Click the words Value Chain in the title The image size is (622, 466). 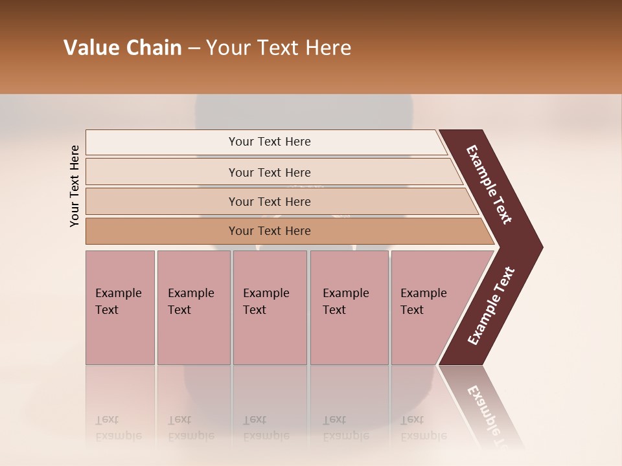pyautogui.click(x=122, y=48)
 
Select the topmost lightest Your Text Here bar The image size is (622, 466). pyautogui.click(x=269, y=142)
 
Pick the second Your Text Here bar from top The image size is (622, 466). pyautogui.click(x=269, y=172)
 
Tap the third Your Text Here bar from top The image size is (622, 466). pyautogui.click(x=269, y=201)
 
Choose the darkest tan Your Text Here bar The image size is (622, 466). pyautogui.click(x=269, y=231)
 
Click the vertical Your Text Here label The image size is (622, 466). pyautogui.click(x=75, y=186)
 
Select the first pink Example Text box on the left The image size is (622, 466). pyautogui.click(x=120, y=307)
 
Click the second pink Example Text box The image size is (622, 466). pyautogui.click(x=193, y=307)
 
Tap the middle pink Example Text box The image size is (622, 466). pyautogui.click(x=270, y=307)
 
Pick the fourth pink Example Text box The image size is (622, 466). pyautogui.click(x=349, y=307)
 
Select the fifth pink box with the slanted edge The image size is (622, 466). pyautogui.click(x=428, y=307)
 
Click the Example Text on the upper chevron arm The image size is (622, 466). pyautogui.click(x=490, y=185)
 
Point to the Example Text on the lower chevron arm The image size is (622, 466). pyautogui.click(x=490, y=306)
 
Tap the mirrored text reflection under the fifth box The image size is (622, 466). pyautogui.click(x=423, y=428)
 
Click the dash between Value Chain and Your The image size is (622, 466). pyautogui.click(x=194, y=49)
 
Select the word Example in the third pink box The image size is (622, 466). pyautogui.click(x=266, y=293)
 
